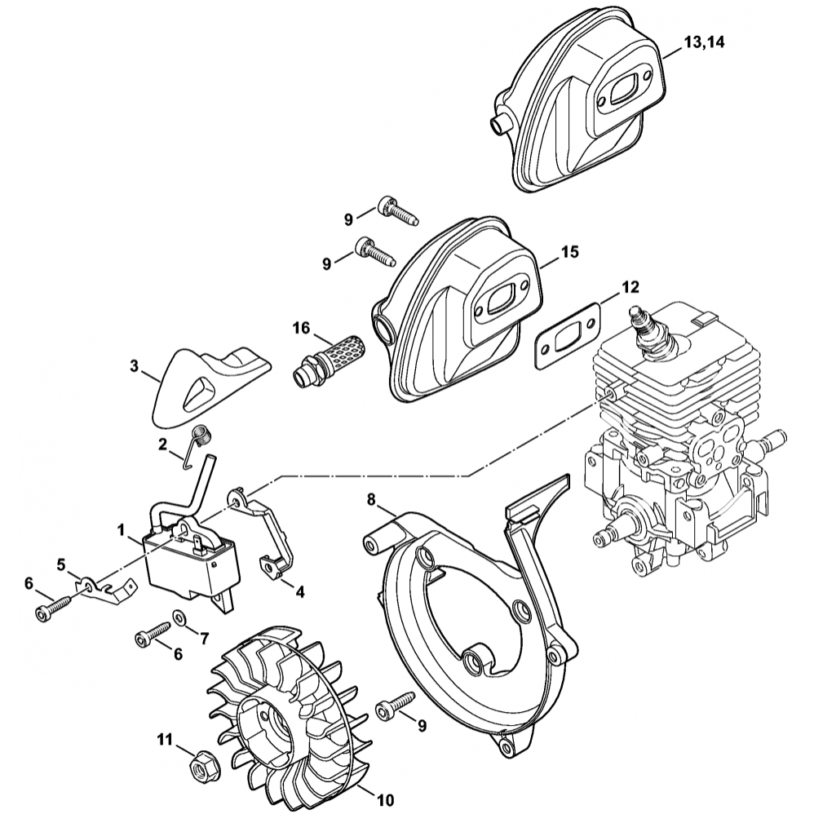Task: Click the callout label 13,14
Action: (x=704, y=43)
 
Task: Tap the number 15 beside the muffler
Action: (x=569, y=252)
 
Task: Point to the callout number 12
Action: (x=630, y=287)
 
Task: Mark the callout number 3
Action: (x=134, y=366)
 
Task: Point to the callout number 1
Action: (x=122, y=530)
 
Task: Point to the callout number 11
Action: (x=166, y=740)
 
